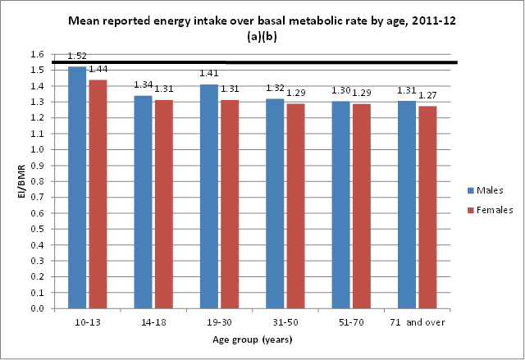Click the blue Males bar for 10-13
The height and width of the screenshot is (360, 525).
click(x=77, y=188)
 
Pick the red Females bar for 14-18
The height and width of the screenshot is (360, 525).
click(x=163, y=204)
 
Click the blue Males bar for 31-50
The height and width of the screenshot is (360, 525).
click(x=275, y=204)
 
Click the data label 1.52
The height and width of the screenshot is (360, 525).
click(x=77, y=57)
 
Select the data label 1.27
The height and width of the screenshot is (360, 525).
click(x=428, y=96)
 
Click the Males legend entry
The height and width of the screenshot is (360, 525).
click(x=482, y=190)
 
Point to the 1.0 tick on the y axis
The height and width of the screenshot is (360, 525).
click(x=37, y=150)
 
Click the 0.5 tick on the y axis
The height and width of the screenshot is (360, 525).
click(x=37, y=230)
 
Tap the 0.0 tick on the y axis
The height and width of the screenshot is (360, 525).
click(x=37, y=309)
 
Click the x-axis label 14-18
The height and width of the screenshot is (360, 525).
click(x=153, y=323)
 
